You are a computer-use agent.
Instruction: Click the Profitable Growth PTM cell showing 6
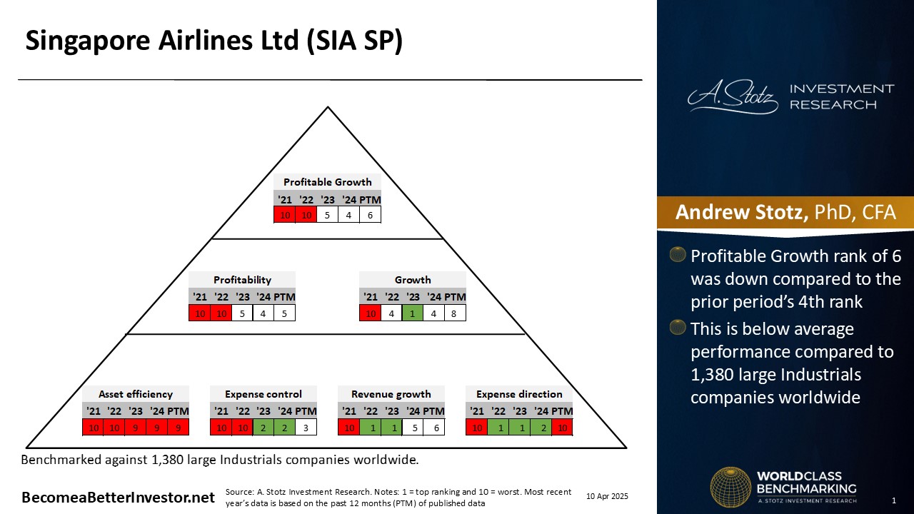(370, 215)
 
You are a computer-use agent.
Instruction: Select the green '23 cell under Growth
(413, 313)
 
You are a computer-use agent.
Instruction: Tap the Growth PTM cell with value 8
(455, 313)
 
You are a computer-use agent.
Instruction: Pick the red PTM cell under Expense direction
(562, 428)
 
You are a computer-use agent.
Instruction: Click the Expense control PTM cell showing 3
(306, 428)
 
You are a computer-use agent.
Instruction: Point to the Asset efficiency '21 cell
(93, 428)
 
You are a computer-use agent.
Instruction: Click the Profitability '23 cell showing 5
(242, 313)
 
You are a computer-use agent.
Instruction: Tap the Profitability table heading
(242, 280)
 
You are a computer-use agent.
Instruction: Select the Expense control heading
(263, 394)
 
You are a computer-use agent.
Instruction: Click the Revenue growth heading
(391, 394)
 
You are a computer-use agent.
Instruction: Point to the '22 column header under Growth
(392, 297)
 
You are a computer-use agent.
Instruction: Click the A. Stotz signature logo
(733, 96)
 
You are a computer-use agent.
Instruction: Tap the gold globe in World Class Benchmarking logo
(730, 487)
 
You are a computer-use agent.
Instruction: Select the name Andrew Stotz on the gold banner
(741, 212)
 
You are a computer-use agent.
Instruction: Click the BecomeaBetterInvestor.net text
(118, 498)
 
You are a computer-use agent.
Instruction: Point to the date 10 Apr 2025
(607, 496)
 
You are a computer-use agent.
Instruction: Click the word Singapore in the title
(88, 41)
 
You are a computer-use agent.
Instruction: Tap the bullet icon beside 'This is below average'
(678, 327)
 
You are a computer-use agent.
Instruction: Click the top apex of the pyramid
(328, 107)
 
